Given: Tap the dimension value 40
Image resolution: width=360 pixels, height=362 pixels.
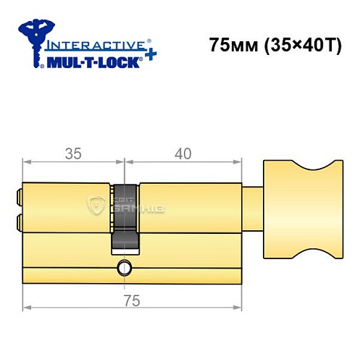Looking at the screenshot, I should click(183, 153).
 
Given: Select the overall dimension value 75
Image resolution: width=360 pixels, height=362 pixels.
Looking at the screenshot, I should click(130, 299).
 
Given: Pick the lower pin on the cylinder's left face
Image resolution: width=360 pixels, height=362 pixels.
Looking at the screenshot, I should click(18, 220).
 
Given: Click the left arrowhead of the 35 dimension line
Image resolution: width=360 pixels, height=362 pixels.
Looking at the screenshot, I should click(28, 163).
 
